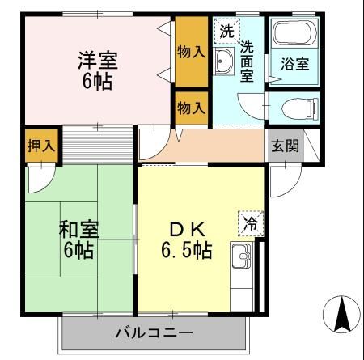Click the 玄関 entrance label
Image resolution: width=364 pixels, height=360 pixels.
coord(285,146)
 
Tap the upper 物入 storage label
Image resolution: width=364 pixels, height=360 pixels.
coord(191,53)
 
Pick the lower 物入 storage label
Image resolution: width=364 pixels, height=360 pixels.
coord(191,107)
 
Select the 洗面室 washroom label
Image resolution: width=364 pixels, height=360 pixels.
coord(247,61)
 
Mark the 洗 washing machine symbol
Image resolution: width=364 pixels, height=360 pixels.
coord(227,32)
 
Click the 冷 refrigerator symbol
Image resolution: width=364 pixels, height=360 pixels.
coord(251,223)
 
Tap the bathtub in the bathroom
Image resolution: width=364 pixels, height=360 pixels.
coord(293,36)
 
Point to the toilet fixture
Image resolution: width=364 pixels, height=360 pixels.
coord(293,107)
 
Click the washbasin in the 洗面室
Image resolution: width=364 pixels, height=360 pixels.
coord(224,62)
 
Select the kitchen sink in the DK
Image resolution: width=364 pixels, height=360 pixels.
coord(242,258)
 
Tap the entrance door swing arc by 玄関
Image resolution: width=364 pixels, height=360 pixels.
coord(280,180)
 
